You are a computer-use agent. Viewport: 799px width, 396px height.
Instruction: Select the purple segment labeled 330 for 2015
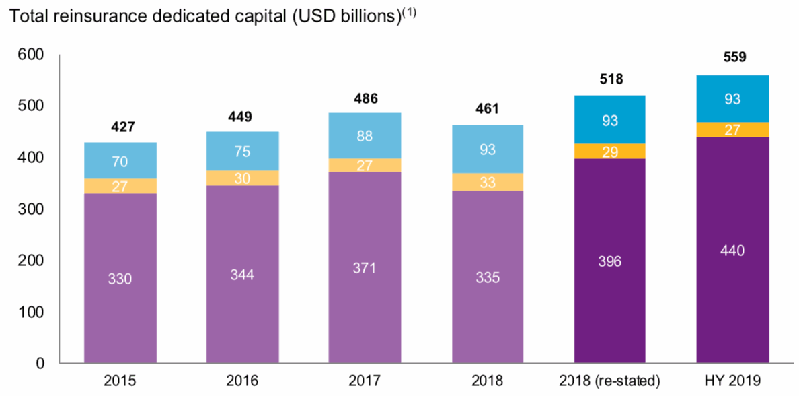tap(120, 278)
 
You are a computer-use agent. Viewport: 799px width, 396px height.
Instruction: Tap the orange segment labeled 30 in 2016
tap(243, 178)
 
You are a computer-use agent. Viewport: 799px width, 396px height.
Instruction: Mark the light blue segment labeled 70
tap(120, 160)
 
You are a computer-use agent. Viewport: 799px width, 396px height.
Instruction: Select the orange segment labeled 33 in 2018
tap(488, 182)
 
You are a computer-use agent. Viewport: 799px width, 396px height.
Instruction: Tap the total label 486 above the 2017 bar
tap(365, 98)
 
